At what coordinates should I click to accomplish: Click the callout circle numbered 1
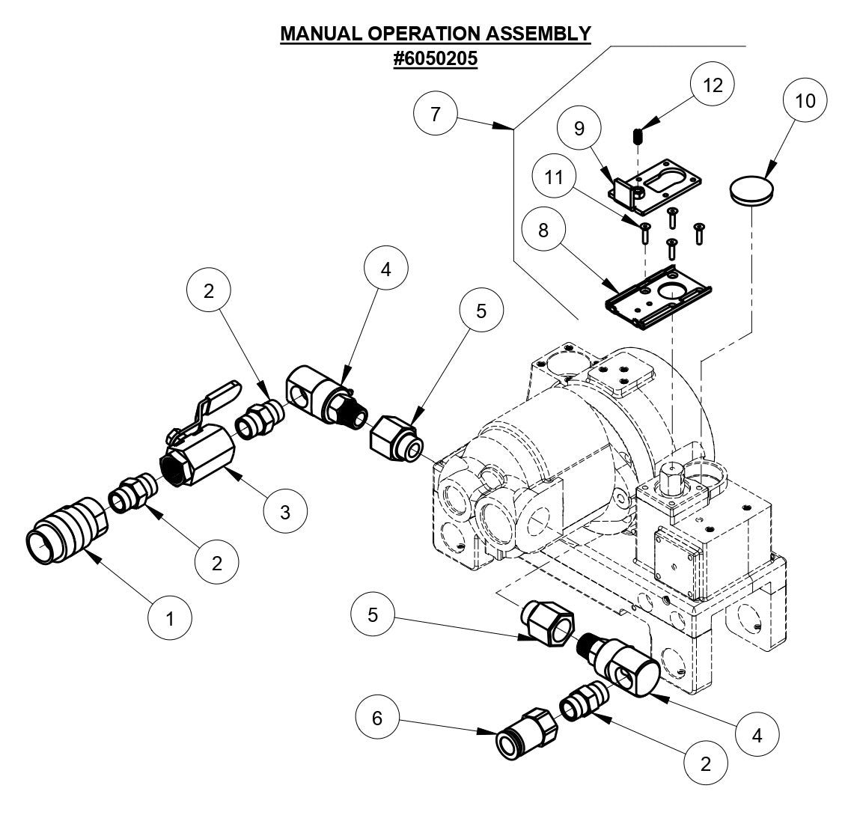coord(170,618)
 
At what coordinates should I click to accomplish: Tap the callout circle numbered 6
coord(377,718)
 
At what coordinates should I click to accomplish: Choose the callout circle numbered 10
coord(805,101)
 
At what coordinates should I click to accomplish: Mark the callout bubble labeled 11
coord(555,177)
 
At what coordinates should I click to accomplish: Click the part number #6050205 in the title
coord(436,59)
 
